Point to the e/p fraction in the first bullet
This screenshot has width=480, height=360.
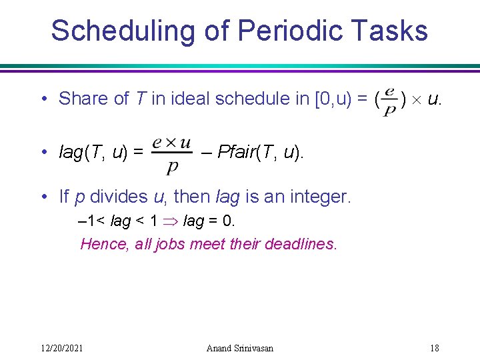coord(389,99)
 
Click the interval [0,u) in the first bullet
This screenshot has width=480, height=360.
coord(330,99)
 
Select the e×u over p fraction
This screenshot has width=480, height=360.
coord(171,153)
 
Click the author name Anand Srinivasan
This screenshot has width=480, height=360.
coord(240,348)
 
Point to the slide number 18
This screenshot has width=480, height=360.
coord(434,348)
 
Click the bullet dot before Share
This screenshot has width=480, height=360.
coord(43,99)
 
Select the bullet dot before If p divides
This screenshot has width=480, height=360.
coord(43,197)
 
